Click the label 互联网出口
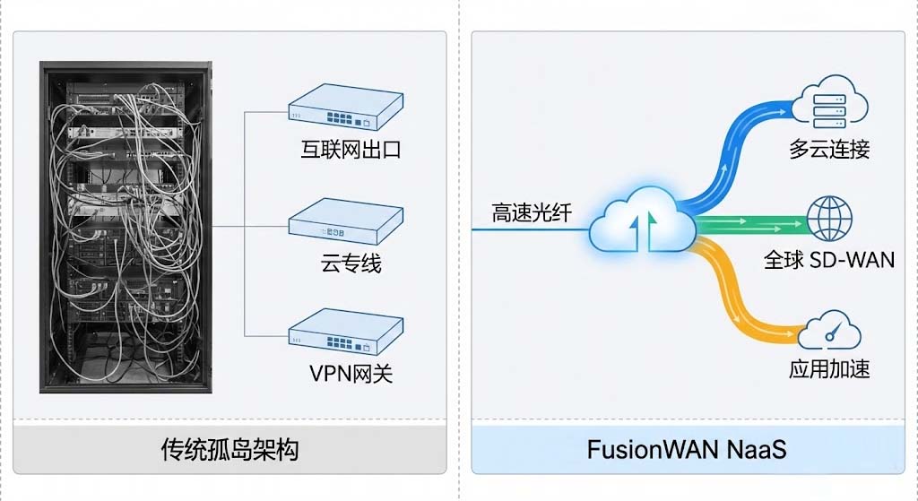[351, 149]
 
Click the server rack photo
[126, 227]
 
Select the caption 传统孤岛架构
[229, 448]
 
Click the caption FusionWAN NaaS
[687, 448]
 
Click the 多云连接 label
[829, 149]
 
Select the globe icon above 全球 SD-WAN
[830, 218]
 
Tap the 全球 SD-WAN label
[829, 260]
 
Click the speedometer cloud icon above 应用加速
[829, 332]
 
